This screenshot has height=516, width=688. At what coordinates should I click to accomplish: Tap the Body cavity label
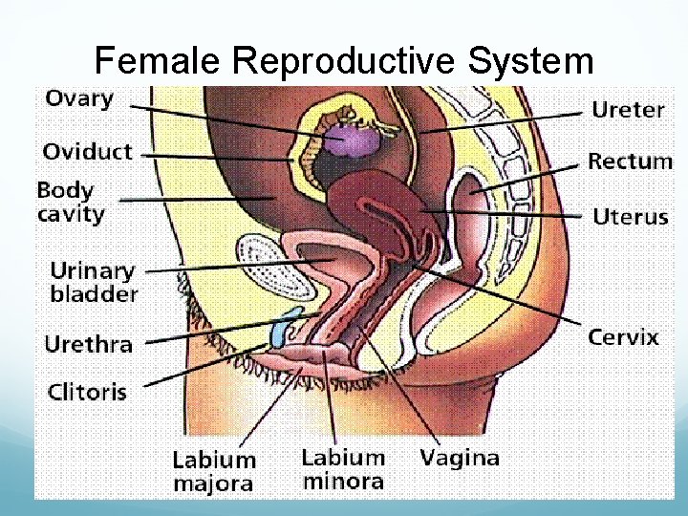click(70, 201)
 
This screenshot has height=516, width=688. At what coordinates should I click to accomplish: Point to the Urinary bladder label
click(93, 283)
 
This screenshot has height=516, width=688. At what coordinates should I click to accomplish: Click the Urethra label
click(88, 344)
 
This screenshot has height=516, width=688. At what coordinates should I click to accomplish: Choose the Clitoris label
click(87, 392)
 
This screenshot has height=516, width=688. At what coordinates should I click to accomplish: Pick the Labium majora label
click(213, 471)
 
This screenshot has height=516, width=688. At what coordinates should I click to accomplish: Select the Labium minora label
click(343, 469)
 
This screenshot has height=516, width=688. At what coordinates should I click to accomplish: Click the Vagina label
click(459, 458)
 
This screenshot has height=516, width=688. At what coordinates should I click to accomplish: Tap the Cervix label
click(622, 336)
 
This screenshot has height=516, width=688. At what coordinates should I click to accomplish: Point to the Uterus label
click(630, 217)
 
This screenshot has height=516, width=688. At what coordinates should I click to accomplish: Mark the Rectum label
click(630, 161)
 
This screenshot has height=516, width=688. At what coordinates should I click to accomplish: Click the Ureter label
click(628, 110)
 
